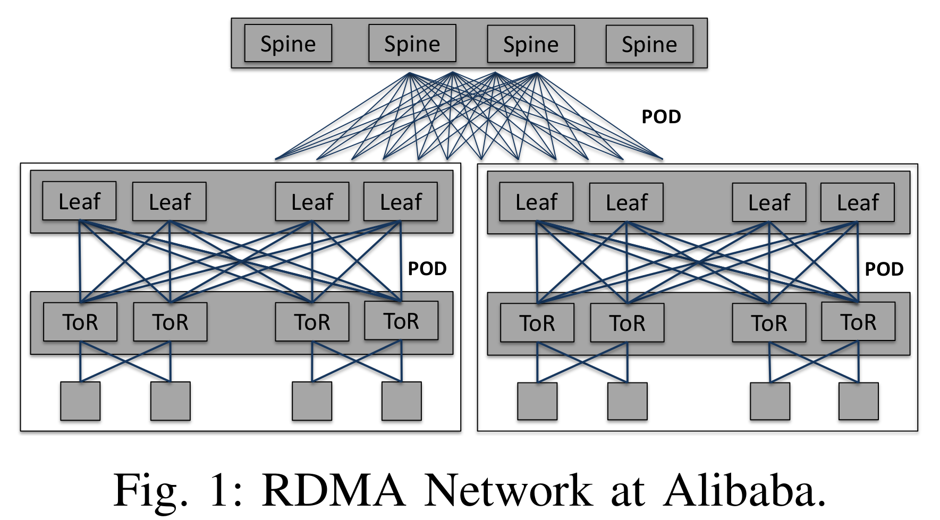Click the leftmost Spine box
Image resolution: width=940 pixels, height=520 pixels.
[288, 43]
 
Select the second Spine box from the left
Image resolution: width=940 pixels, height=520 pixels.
[412, 43]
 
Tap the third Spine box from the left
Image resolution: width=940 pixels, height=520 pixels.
[531, 44]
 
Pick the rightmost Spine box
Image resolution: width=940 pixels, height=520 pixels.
[649, 44]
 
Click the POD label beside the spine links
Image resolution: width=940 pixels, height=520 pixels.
[661, 117]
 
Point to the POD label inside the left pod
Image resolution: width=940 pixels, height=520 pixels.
[427, 269]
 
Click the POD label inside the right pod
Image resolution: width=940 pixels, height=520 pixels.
[884, 269]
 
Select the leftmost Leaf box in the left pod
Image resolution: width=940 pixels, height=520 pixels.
[79, 201]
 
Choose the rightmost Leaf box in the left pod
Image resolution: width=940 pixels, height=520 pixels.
[401, 202]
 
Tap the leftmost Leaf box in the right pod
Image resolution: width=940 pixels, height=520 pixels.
[536, 202]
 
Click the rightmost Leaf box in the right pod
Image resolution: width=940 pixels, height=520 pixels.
[858, 202]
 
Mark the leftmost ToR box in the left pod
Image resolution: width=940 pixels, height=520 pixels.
[80, 322]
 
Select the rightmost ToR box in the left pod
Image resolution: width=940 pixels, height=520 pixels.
[401, 321]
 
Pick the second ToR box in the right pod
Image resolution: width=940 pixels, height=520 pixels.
[627, 323]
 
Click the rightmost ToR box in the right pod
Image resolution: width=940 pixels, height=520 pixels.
[858, 322]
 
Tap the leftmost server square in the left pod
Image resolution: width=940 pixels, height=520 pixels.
[80, 401]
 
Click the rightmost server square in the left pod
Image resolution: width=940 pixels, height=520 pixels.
[402, 401]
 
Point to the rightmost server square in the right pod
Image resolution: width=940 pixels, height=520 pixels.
[858, 402]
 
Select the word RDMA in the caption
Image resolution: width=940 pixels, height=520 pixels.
[334, 490]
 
